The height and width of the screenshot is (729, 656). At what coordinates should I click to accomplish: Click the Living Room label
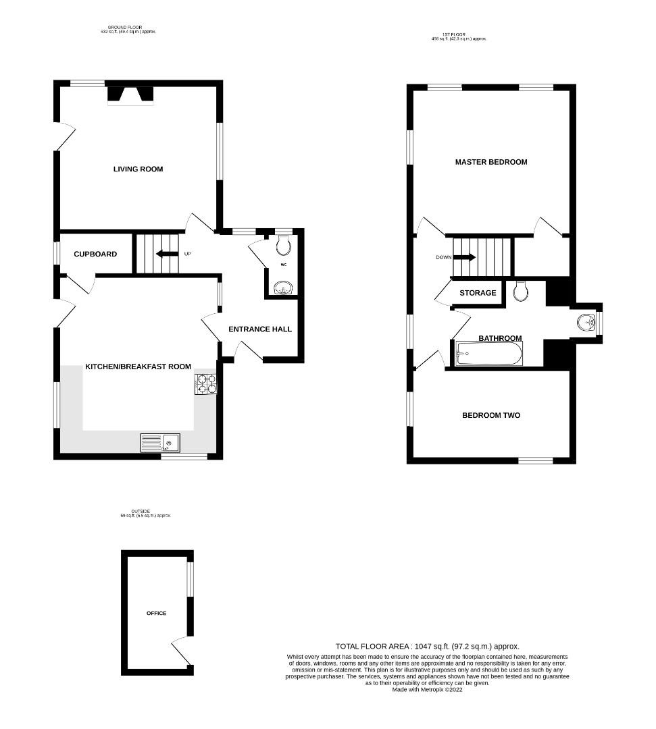(x=138, y=169)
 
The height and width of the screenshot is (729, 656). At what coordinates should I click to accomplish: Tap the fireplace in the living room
(x=130, y=96)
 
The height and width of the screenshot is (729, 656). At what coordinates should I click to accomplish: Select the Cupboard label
(x=95, y=254)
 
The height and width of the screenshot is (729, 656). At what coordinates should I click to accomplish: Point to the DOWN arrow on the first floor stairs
(x=465, y=257)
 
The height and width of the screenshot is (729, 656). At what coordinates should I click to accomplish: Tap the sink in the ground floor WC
(x=282, y=290)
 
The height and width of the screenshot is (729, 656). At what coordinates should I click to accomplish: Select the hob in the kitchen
(x=205, y=384)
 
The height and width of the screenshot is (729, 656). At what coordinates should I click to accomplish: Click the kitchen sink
(x=160, y=443)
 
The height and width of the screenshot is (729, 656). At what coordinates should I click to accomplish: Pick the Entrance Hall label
(x=260, y=329)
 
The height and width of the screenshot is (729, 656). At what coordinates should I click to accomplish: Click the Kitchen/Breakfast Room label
(x=138, y=367)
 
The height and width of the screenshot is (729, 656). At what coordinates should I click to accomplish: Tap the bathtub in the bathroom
(x=488, y=354)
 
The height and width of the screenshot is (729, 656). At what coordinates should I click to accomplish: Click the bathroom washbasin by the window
(x=585, y=323)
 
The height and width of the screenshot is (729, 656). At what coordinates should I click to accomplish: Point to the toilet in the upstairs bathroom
(x=520, y=291)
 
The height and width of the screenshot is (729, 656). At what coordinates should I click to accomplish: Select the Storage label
(x=478, y=293)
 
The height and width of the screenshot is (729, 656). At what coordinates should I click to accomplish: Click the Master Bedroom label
(x=490, y=162)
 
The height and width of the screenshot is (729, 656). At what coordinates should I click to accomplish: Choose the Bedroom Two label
(x=490, y=415)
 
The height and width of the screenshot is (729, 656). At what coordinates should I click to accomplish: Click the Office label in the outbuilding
(x=156, y=613)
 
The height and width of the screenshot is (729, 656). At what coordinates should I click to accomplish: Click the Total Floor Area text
(x=427, y=646)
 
